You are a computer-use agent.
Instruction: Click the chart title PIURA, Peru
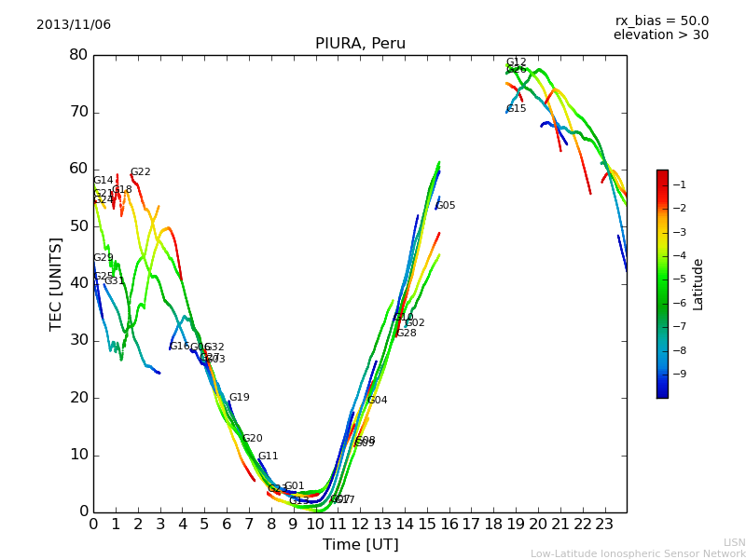pos(360,44)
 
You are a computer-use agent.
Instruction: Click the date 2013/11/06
pos(74,24)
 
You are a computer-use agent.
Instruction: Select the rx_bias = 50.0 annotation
pos(662,20)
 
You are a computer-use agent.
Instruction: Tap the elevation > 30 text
pos(661,35)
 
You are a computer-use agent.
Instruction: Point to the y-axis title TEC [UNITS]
pos(56,283)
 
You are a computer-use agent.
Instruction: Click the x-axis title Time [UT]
pos(360,545)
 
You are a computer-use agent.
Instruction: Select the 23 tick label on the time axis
pos(604,524)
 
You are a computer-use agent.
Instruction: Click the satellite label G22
pos(140,172)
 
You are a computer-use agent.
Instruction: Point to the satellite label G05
pos(446,206)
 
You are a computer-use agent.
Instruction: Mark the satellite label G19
pos(240,398)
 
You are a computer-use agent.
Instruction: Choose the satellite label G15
pos(517,109)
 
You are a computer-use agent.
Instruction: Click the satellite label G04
pos(378,401)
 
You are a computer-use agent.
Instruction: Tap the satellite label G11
pos(269,457)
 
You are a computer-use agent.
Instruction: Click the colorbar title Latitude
pos(698,283)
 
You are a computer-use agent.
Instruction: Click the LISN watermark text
pos(734,542)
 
